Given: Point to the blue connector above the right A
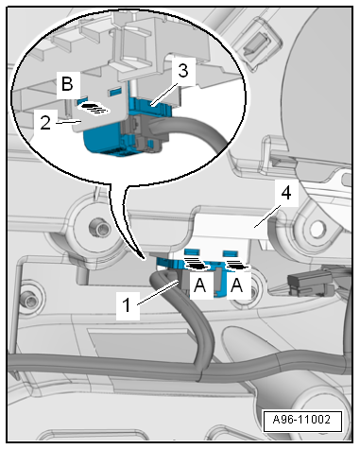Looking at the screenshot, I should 230,279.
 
